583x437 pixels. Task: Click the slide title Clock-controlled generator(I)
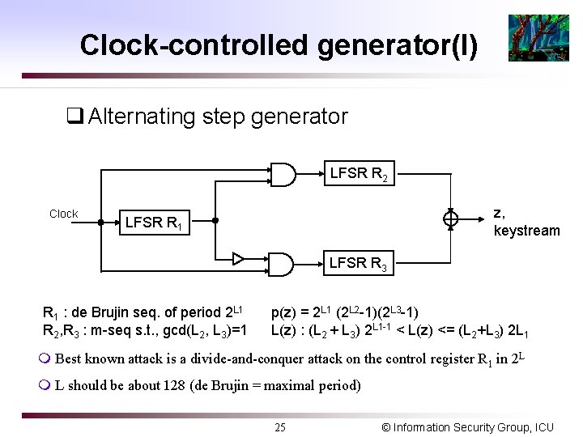279,45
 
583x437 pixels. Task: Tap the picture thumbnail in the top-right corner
532,38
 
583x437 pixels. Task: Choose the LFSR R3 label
358,263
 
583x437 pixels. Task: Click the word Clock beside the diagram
63,214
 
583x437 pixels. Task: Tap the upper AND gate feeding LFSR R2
281,174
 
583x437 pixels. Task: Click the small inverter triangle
238,259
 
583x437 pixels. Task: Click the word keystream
526,231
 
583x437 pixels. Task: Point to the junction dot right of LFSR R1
215,219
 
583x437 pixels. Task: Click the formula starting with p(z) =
345,312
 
